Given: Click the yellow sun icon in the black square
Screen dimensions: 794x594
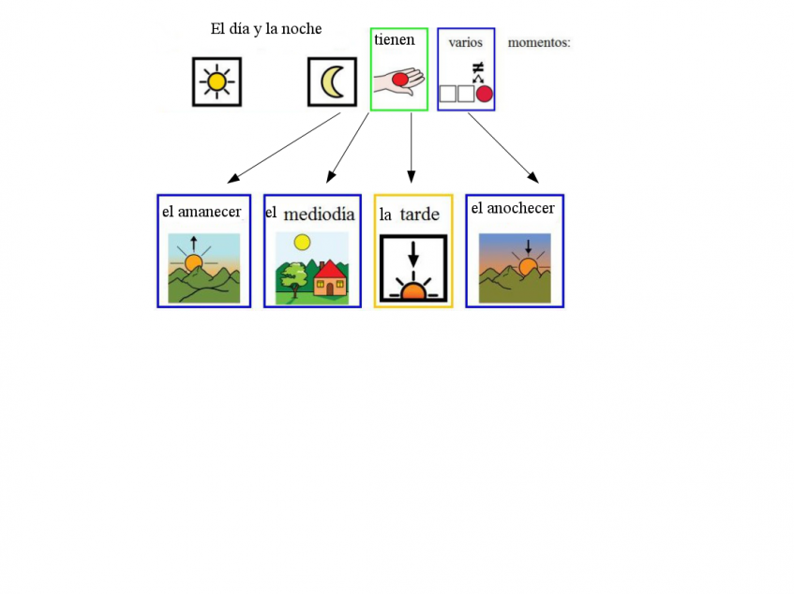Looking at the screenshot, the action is (217, 82).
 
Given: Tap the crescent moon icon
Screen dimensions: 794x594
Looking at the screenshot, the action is (331, 82).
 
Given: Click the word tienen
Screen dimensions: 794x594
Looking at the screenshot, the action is (394, 39).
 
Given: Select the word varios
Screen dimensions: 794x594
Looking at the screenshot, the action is (465, 42).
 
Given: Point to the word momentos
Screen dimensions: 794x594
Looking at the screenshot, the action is (539, 42).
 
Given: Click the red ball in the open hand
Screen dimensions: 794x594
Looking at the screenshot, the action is (400, 80).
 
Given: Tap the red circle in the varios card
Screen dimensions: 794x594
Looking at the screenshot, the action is (485, 94).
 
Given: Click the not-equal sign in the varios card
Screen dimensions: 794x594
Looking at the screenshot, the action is (478, 67).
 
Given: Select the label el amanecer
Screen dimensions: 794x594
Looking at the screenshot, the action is (202, 212).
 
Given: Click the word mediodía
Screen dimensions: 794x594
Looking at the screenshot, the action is (319, 215).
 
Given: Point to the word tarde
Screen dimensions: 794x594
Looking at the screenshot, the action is (419, 215).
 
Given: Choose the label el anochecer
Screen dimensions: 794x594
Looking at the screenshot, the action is (513, 208).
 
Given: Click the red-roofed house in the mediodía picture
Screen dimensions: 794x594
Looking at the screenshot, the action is (331, 278).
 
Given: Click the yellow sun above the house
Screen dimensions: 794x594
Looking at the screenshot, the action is (302, 243).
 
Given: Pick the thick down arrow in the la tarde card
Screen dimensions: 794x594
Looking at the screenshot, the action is (413, 255).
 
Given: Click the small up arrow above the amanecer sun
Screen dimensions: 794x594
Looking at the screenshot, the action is (193, 244).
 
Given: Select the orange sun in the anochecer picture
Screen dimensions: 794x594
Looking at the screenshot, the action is (528, 267).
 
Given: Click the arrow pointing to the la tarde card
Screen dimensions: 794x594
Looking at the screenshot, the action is (412, 148).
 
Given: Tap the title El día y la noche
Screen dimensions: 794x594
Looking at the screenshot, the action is (266, 29).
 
